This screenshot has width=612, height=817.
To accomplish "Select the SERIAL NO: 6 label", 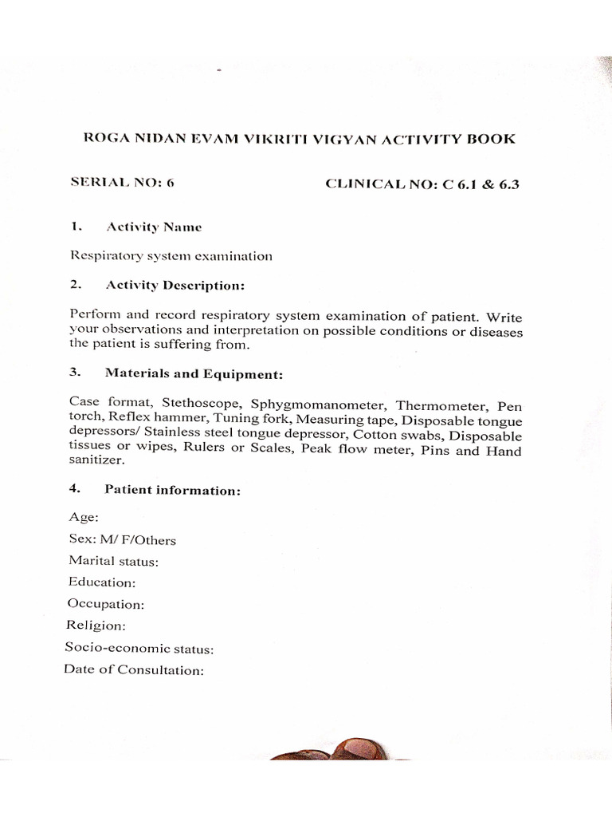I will (x=122, y=183).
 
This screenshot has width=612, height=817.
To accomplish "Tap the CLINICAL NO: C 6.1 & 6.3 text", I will (x=422, y=184).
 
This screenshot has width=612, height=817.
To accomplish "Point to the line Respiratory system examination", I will (x=171, y=256).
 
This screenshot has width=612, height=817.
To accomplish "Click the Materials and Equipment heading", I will (x=194, y=373).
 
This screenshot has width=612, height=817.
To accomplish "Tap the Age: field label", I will (x=84, y=518).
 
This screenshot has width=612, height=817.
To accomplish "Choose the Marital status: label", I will (x=114, y=561).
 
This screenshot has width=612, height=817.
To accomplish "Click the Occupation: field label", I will (x=106, y=604).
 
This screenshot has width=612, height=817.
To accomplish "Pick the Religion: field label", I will (x=96, y=626).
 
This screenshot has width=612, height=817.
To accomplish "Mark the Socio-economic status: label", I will (x=139, y=649).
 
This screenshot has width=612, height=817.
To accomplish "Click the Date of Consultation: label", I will (x=134, y=670).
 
